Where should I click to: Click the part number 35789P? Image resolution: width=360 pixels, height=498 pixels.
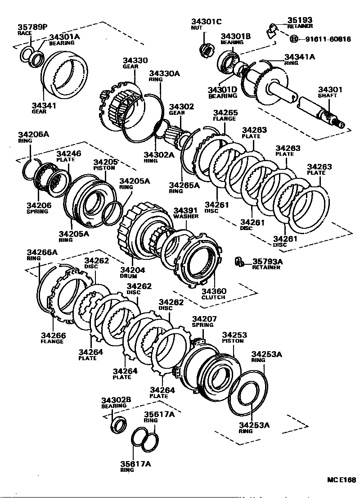click(x=32, y=27)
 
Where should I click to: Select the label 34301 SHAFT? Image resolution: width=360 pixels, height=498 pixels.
click(x=330, y=92)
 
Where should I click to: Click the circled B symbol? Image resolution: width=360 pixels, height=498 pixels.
click(x=293, y=39)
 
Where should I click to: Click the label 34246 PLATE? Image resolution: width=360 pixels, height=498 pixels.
click(x=69, y=156)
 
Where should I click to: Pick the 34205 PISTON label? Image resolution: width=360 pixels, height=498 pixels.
click(x=104, y=164)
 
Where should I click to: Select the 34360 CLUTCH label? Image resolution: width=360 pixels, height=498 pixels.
click(x=213, y=294)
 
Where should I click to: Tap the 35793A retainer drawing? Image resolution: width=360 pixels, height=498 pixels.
click(x=239, y=262)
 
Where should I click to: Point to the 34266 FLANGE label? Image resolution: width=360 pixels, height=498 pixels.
click(x=53, y=338)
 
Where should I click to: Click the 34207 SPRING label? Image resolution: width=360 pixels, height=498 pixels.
click(x=204, y=321)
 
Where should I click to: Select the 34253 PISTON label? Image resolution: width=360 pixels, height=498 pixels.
click(x=234, y=338)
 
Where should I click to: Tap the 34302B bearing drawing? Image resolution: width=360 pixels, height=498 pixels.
click(x=119, y=424)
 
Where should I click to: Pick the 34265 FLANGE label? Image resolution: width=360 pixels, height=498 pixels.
click(x=225, y=115)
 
